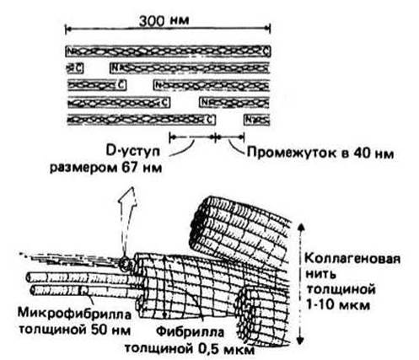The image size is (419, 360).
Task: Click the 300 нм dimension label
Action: (164, 20)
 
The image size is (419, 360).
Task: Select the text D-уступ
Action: (133, 152)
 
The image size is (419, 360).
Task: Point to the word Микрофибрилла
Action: (74, 314)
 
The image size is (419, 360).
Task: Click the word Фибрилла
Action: (191, 332)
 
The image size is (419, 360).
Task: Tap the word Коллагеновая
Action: (352, 258)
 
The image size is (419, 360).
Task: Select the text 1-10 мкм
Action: (337, 305)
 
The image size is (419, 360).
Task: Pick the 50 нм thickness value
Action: (110, 330)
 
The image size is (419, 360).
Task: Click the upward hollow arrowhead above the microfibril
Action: (128, 195)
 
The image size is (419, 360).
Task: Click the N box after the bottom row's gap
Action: (248, 120)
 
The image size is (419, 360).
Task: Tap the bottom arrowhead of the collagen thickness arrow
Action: (300, 340)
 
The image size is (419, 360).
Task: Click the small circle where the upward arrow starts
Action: (124, 264)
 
